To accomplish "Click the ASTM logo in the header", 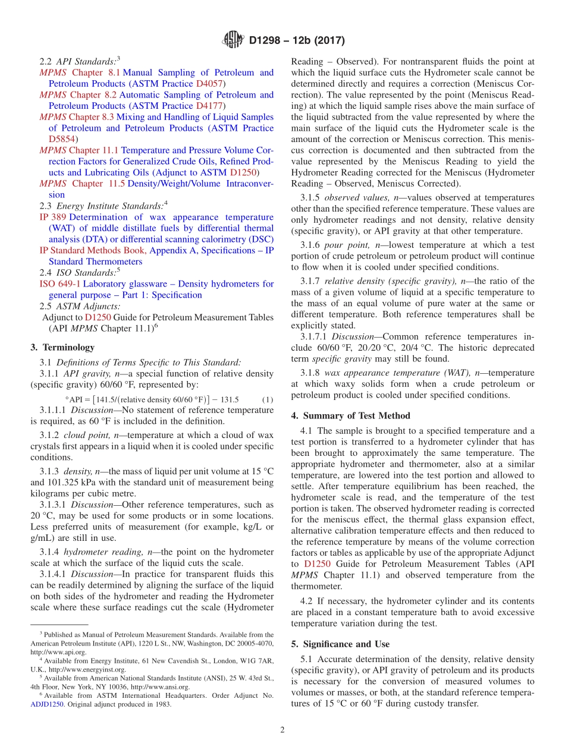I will click(233, 40).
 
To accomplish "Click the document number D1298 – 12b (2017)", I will click(297, 41).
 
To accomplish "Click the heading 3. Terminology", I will click(62, 347).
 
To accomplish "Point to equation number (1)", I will click(267, 399).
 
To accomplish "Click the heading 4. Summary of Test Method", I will click(350, 415).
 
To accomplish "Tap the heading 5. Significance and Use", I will click(340, 644).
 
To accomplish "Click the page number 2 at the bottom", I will click(282, 730).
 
